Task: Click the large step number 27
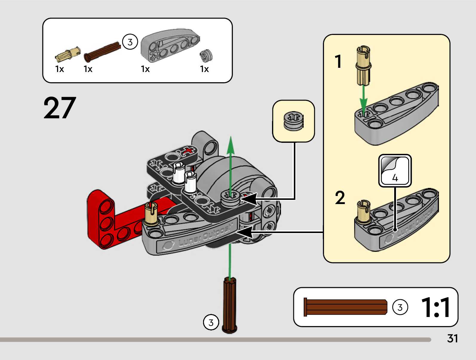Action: pyautogui.click(x=60, y=108)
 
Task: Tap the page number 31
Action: pyautogui.click(x=452, y=338)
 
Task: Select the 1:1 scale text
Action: pyautogui.click(x=435, y=307)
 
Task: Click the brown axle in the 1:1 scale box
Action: pyautogui.click(x=345, y=307)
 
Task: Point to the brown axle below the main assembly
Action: pyautogui.click(x=229, y=305)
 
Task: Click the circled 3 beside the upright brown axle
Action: pyautogui.click(x=211, y=322)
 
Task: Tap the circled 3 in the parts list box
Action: pyautogui.click(x=130, y=42)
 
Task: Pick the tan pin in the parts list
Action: pyautogui.click(x=68, y=54)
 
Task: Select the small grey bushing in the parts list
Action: pyautogui.click(x=206, y=56)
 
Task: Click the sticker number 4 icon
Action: pyautogui.click(x=395, y=171)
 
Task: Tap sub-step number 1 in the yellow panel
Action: pyautogui.click(x=338, y=62)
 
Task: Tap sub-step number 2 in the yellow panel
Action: pyautogui.click(x=340, y=198)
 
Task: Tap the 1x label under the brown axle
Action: pyautogui.click(x=88, y=69)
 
